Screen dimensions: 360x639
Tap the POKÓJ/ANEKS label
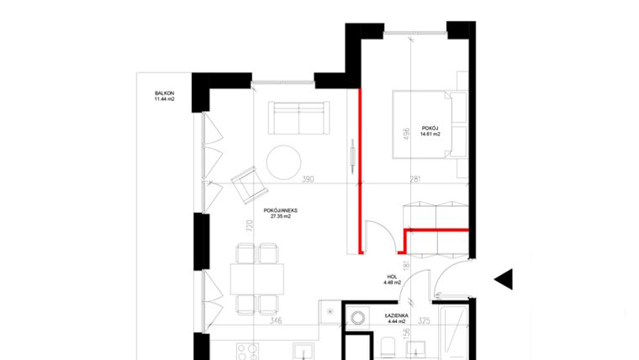point(280,209)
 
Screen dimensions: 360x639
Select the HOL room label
point(391,276)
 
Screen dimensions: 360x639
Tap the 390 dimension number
point(308,180)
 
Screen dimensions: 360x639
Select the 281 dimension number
point(415,180)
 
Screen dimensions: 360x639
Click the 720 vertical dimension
point(250,225)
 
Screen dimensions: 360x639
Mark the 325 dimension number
point(424,320)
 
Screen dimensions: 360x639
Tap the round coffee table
point(284,161)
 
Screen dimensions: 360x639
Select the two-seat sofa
point(298,118)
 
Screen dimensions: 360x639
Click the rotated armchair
point(246,183)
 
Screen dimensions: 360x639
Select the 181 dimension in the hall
point(406,267)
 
